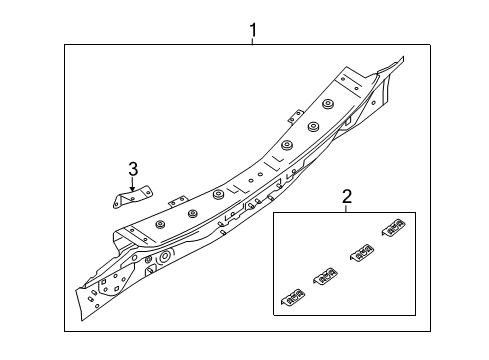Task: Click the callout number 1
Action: click(253, 30)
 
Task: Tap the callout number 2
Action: click(347, 197)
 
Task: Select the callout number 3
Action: click(133, 169)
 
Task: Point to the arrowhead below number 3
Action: click(133, 189)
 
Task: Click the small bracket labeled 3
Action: click(132, 197)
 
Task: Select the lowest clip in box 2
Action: click(293, 296)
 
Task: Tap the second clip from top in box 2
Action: click(362, 252)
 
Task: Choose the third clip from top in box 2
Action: click(325, 276)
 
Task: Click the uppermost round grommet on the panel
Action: click(328, 104)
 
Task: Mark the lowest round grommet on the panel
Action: click(161, 224)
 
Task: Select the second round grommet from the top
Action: click(313, 126)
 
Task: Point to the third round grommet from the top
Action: click(286, 145)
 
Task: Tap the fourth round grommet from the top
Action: click(219, 195)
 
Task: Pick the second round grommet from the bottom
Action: click(192, 213)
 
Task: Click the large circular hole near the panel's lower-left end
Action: click(165, 256)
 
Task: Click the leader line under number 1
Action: click(253, 41)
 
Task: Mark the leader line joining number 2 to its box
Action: click(346, 208)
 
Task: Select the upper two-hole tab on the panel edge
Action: click(295, 117)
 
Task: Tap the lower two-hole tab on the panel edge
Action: click(177, 202)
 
